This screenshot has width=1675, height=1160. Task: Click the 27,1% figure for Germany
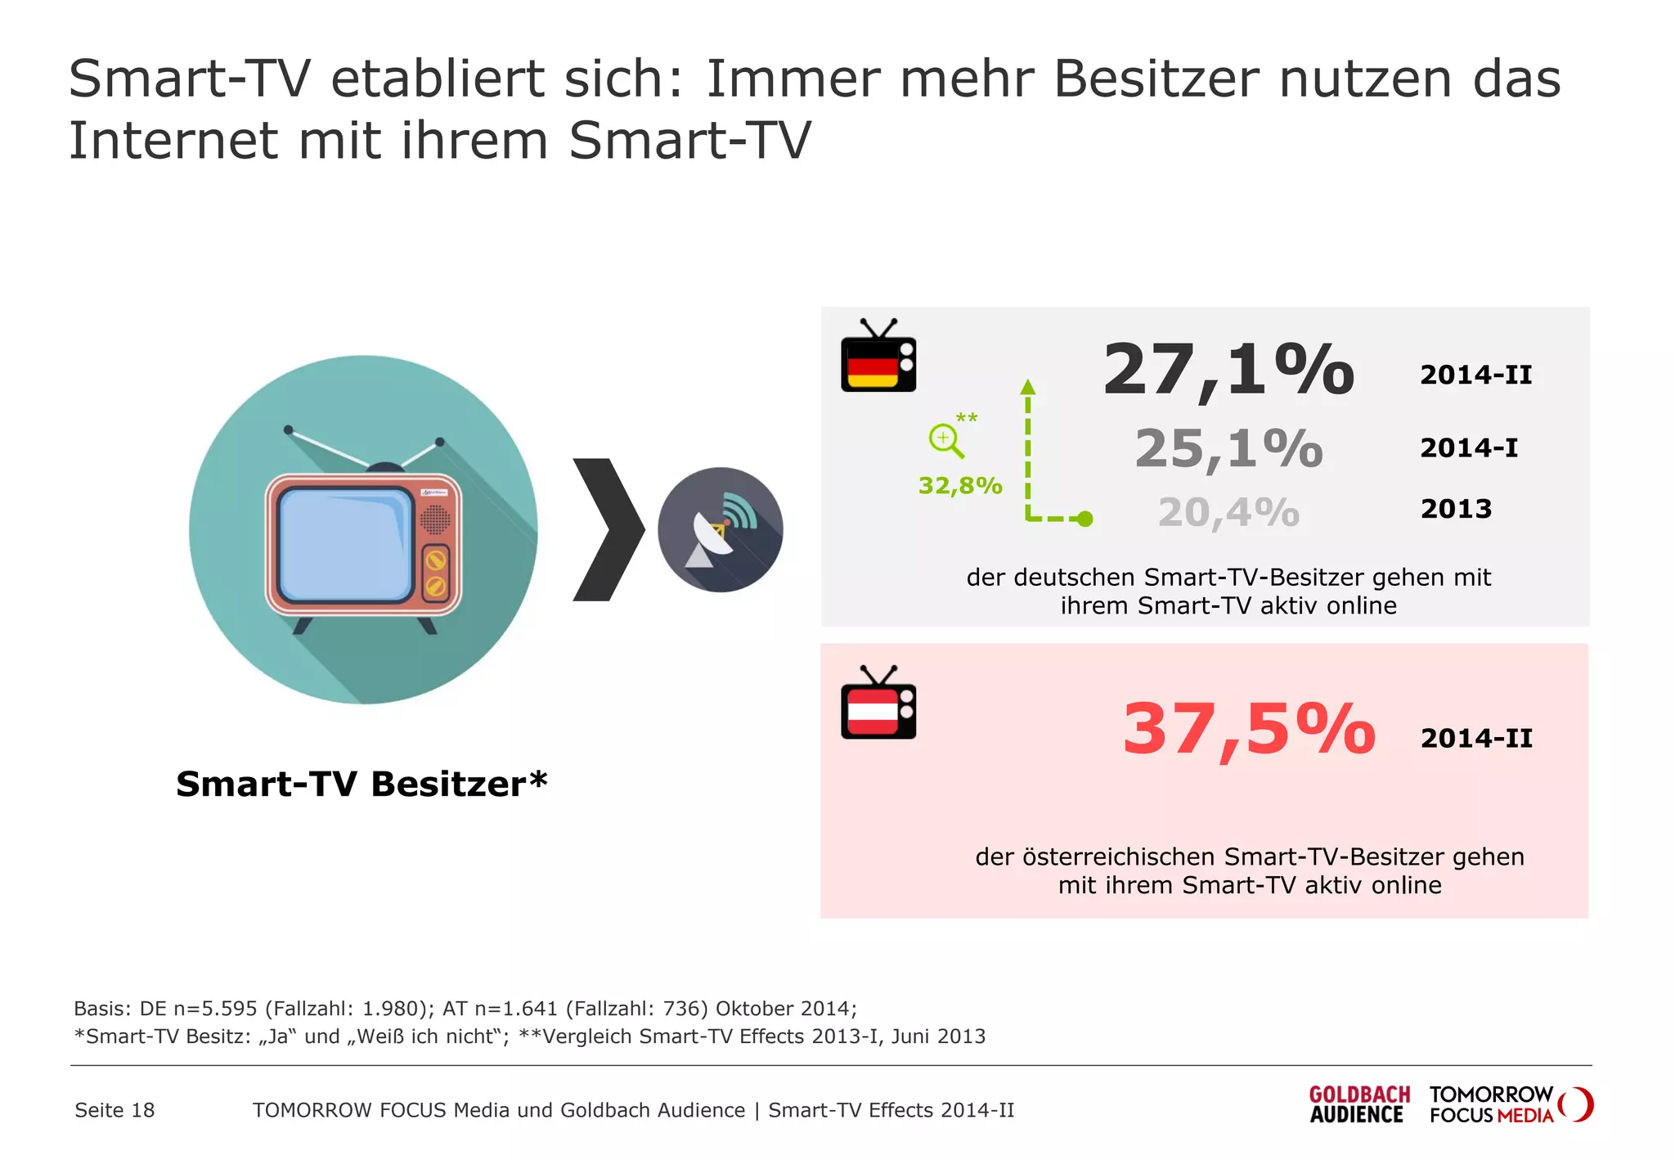pos(1228,370)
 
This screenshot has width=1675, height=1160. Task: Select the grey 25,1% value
pos(1228,448)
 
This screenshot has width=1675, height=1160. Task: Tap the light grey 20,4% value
pos(1228,513)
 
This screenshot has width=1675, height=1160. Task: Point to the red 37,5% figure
pos(1248,729)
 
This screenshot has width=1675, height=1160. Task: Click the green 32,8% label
pos(960,486)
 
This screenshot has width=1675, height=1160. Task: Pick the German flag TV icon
pos(878,357)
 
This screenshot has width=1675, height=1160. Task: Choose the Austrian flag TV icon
pos(878,704)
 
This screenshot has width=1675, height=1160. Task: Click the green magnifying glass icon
pos(945,440)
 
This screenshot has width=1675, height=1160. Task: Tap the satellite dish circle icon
pos(721,530)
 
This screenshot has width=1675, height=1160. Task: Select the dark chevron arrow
pos(608,530)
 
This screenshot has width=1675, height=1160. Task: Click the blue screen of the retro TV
pos(345,544)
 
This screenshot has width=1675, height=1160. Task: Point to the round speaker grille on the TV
pos(435,519)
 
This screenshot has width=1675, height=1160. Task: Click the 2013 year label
pos(1456,509)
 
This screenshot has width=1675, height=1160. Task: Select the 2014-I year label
pos(1468,448)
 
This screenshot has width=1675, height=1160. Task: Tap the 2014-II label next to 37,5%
pos(1476,738)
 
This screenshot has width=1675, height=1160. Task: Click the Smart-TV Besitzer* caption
pos(361,784)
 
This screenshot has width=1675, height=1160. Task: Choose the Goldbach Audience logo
pos(1358,1104)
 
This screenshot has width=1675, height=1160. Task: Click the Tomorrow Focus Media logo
pos(1510,1104)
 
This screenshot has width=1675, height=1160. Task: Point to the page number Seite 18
pos(115,1110)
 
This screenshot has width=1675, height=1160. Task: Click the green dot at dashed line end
pos(1084,519)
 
